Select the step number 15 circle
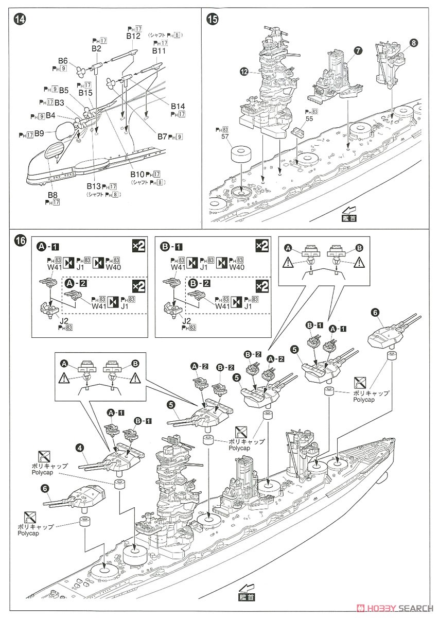212,19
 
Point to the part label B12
133,36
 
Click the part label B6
62,60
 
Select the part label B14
178,106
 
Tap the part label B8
52,195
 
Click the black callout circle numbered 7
358,50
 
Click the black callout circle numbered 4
80,448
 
